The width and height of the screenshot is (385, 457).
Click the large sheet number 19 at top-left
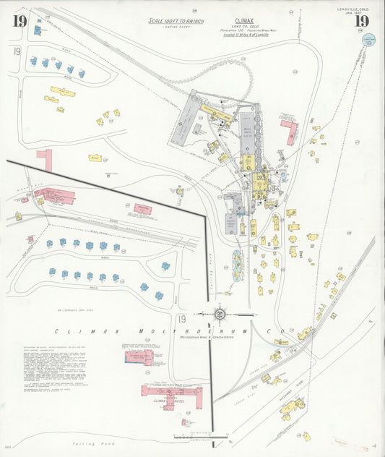[x=19, y=20]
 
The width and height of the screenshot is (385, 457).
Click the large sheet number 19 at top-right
[x=361, y=20]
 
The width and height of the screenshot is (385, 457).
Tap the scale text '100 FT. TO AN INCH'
[x=176, y=21]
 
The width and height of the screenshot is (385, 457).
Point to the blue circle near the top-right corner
[x=368, y=39]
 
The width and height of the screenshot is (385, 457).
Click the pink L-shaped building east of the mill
[x=290, y=132]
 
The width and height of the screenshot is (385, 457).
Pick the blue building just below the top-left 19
[x=37, y=30]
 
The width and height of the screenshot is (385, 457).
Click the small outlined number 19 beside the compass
[x=183, y=319]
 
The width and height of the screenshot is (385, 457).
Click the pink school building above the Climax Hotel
[x=139, y=356]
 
